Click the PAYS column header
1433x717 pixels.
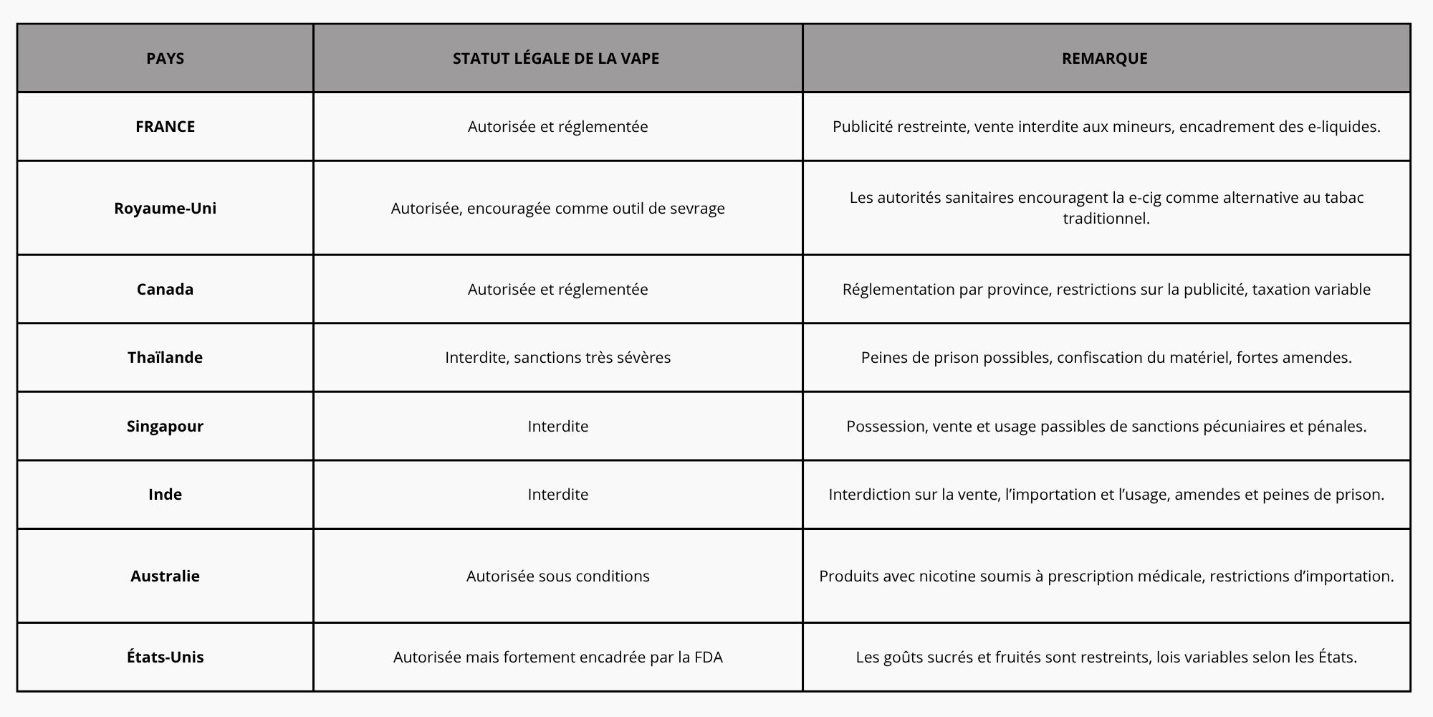[x=165, y=59]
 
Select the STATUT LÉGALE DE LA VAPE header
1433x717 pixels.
[x=556, y=59]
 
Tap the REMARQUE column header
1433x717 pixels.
[x=1104, y=59]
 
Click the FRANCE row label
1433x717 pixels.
[x=165, y=127]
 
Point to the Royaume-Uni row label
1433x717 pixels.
[x=165, y=209]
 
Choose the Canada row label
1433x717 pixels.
[x=165, y=290]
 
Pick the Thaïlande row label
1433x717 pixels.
[x=165, y=358]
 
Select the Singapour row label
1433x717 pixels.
[x=165, y=427]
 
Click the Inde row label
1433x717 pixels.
[x=165, y=495]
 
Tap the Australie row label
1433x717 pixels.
[x=165, y=576]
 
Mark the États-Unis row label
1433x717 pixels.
[x=165, y=657]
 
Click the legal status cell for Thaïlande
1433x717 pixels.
[x=557, y=358]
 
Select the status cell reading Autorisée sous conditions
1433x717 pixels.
[x=557, y=576]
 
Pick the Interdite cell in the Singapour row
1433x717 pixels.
[x=557, y=427]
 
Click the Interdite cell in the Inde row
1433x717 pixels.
[x=557, y=495]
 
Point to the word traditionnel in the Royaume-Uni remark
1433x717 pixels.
[x=1106, y=219]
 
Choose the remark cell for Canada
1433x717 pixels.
[x=1106, y=290]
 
